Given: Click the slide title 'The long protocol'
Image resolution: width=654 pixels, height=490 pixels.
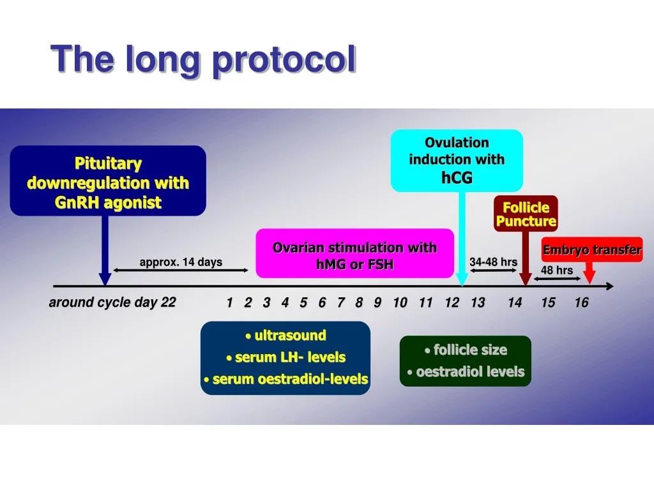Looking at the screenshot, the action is tap(203, 59).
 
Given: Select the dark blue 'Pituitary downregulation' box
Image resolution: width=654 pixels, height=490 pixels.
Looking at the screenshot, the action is tap(108, 181).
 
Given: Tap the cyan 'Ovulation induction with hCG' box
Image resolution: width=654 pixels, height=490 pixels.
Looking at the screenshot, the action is tap(457, 161).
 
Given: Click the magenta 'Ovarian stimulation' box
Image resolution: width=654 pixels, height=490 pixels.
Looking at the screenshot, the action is tap(354, 253).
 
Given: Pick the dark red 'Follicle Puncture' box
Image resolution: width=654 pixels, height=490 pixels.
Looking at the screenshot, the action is tap(526, 214).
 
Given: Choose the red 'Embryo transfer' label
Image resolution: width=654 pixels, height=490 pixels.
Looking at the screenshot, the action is tap(592, 249).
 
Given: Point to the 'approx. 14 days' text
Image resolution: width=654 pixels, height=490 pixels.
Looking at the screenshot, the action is tap(181, 262).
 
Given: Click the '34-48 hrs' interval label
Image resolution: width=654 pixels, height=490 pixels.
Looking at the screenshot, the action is tap(494, 262).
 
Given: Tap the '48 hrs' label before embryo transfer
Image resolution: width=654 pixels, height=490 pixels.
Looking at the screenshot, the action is tap(557, 270).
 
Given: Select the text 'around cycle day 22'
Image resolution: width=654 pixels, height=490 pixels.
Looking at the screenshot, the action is tap(112, 302).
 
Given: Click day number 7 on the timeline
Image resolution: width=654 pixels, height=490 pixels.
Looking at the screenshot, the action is tap(341, 302).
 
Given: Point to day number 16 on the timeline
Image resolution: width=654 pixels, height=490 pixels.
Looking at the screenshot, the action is tap(581, 302).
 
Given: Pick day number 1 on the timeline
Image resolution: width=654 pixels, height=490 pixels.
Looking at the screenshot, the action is tap(229, 302).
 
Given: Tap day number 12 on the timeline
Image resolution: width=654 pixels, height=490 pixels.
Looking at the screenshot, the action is tap(452, 302).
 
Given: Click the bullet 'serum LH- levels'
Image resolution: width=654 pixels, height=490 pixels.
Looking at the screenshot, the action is tap(285, 357).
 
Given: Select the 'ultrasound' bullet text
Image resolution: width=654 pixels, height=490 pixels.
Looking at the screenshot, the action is tap(285, 336).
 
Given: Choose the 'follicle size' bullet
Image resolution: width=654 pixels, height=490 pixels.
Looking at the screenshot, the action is tap(466, 350).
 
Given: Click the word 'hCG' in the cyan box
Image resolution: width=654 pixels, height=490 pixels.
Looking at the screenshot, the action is tap(457, 178).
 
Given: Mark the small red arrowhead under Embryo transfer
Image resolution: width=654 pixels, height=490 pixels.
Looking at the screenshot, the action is tap(589, 277).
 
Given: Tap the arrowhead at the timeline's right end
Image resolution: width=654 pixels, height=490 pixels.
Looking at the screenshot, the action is tap(610, 286).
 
